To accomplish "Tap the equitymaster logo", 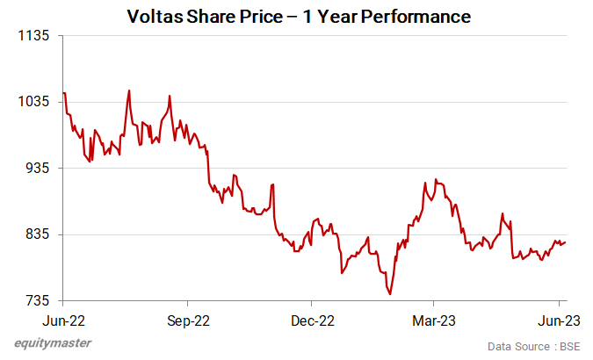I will pyautogui.click(x=53, y=342).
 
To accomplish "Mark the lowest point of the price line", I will pyautogui.click(x=389, y=294).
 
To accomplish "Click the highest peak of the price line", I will pyautogui.click(x=129, y=90).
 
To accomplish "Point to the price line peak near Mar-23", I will pyautogui.click(x=436, y=179).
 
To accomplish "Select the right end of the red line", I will pyautogui.click(x=565, y=242).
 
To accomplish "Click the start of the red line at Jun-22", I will pyautogui.click(x=64, y=93).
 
